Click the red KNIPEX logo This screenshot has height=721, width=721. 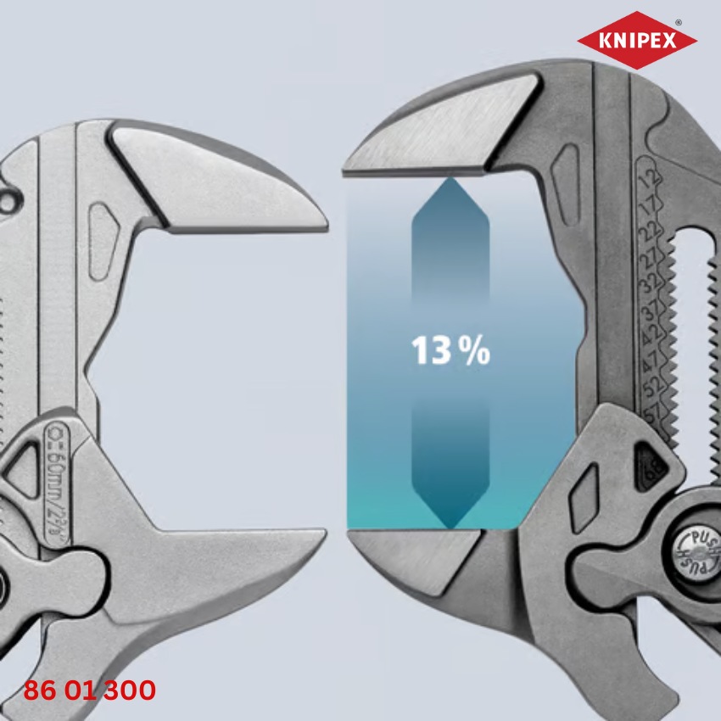[x=636, y=40]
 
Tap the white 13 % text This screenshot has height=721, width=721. [x=450, y=349]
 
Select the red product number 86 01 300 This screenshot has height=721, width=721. [x=90, y=690]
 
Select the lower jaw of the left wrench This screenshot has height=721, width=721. [x=212, y=560]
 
